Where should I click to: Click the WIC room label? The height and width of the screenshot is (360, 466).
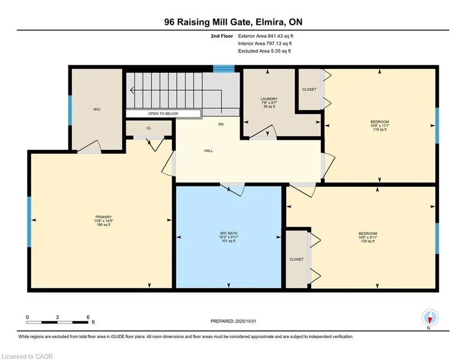tap(97, 109)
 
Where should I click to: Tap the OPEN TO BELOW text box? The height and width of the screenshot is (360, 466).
tap(163, 113)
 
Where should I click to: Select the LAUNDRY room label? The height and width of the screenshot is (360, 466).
tap(269, 99)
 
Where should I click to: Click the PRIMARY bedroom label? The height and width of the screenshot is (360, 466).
tap(103, 217)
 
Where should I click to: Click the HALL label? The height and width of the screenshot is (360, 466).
tap(208, 150)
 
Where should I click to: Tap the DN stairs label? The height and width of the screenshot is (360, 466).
tap(221, 125)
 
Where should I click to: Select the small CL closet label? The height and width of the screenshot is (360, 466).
tap(149, 127)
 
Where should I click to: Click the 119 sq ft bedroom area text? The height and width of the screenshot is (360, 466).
tap(379, 129)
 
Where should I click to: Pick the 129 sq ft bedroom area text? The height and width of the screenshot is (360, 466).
tap(368, 241)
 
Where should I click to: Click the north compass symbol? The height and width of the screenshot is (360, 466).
tap(429, 318)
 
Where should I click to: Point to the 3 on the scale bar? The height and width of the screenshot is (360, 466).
tap(57, 317)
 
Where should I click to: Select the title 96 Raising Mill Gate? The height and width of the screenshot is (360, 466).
tap(233, 22)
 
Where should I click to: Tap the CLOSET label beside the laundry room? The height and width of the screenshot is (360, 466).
tap(309, 89)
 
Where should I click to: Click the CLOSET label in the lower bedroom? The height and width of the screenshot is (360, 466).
tap(296, 259)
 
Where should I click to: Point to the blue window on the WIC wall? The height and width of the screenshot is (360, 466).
tap(70, 111)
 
